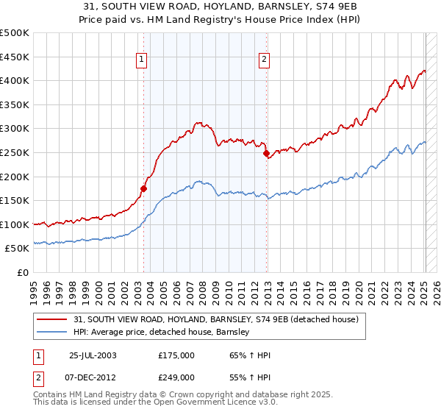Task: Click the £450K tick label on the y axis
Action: coord(15,57)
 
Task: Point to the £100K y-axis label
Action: coord(15,224)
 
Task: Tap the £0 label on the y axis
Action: coord(23,273)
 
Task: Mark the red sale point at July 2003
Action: coord(144,188)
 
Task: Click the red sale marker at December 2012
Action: coord(266,153)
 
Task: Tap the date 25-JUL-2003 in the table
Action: coord(93,355)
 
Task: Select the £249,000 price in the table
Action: coord(176,377)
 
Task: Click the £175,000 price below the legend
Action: coord(176,355)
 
